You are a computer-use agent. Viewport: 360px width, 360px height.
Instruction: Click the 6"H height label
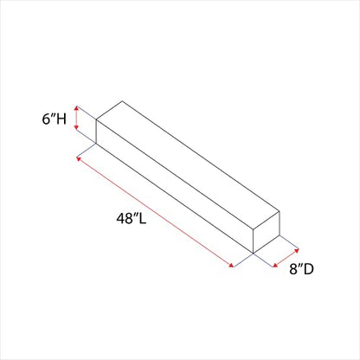55,119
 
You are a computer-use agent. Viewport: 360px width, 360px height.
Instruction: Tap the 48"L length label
132,218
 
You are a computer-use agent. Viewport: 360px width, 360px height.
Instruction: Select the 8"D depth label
301,269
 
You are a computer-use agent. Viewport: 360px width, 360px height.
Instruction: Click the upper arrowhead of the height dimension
76,108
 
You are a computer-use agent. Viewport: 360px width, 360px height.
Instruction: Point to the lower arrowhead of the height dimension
76,127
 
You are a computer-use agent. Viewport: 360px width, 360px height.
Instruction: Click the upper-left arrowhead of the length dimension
79,158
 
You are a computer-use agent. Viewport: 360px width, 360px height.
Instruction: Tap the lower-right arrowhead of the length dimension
231,265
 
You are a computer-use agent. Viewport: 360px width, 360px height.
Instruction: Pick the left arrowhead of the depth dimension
275,265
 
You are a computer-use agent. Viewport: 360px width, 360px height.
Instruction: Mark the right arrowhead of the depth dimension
296,250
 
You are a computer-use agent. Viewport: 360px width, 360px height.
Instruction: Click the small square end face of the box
267,232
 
